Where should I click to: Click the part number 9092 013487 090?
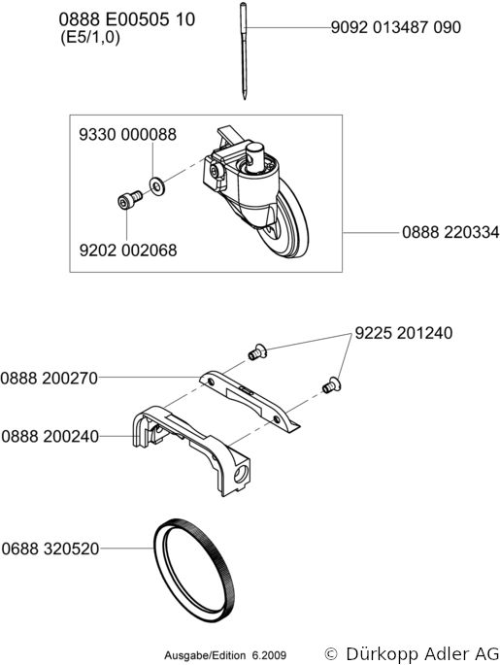[x=396, y=27]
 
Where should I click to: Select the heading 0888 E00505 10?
[x=127, y=19]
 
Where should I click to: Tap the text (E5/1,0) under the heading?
[x=90, y=38]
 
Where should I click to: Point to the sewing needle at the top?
[x=244, y=50]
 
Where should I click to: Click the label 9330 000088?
[x=127, y=134]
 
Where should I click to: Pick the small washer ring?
[x=157, y=186]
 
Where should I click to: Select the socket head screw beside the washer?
[x=129, y=199]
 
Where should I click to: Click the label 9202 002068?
[x=128, y=250]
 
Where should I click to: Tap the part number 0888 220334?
[x=450, y=232]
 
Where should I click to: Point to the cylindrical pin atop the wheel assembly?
[x=255, y=157]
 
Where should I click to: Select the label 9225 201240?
[x=403, y=333]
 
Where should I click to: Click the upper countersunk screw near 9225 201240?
[x=257, y=352]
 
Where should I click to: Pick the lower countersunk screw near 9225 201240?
[x=331, y=385]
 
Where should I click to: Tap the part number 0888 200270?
[x=50, y=378]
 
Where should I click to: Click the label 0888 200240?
[x=50, y=437]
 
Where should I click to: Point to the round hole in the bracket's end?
[x=240, y=474]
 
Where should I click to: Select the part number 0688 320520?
[x=50, y=549]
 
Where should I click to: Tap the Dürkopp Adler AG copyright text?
[x=412, y=653]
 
